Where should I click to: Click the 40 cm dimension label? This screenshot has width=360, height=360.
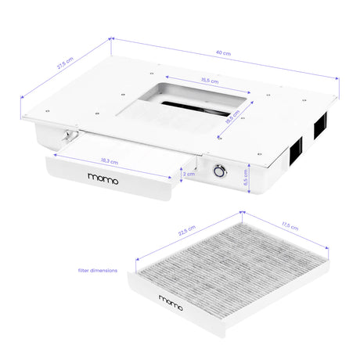[x=225, y=53]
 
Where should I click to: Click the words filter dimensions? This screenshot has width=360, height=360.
[x=98, y=270]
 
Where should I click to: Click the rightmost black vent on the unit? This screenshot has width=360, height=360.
[x=321, y=127]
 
